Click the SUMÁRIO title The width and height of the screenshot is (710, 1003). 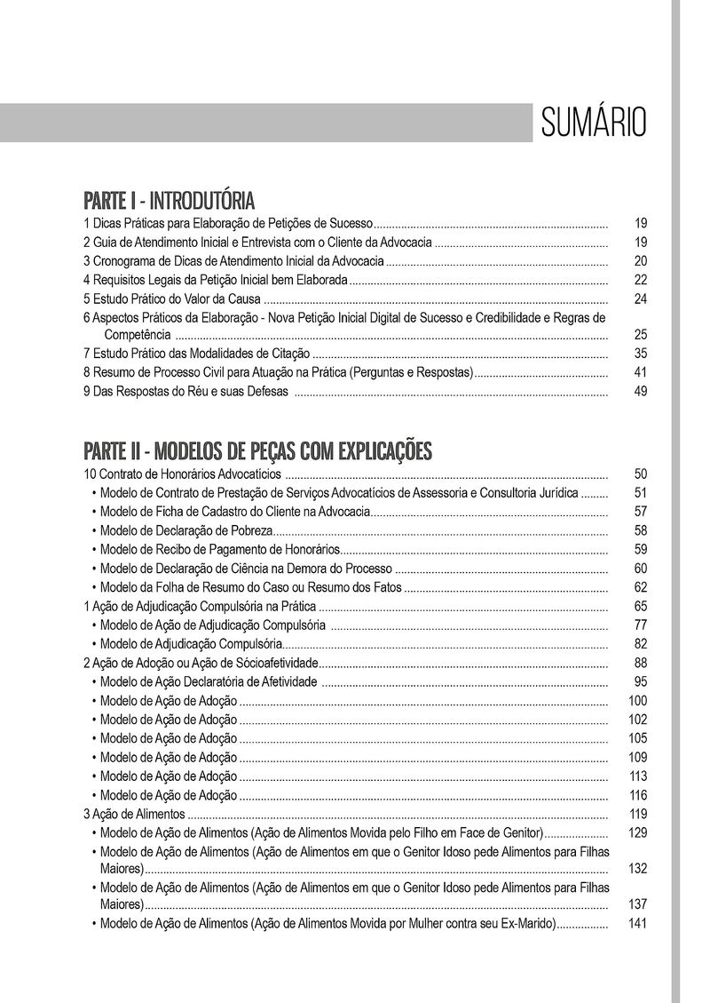592,122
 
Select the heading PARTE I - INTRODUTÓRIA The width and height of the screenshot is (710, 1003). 169,198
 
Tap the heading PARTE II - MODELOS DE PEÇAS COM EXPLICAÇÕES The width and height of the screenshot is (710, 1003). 257,450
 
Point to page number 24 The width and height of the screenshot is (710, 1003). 641,299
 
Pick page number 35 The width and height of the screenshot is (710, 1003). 641,354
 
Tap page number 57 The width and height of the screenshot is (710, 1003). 641,512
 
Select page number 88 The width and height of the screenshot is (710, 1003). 641,664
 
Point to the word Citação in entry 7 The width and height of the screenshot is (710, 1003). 288,354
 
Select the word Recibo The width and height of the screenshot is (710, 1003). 162,550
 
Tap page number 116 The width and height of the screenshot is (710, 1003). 638,795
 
